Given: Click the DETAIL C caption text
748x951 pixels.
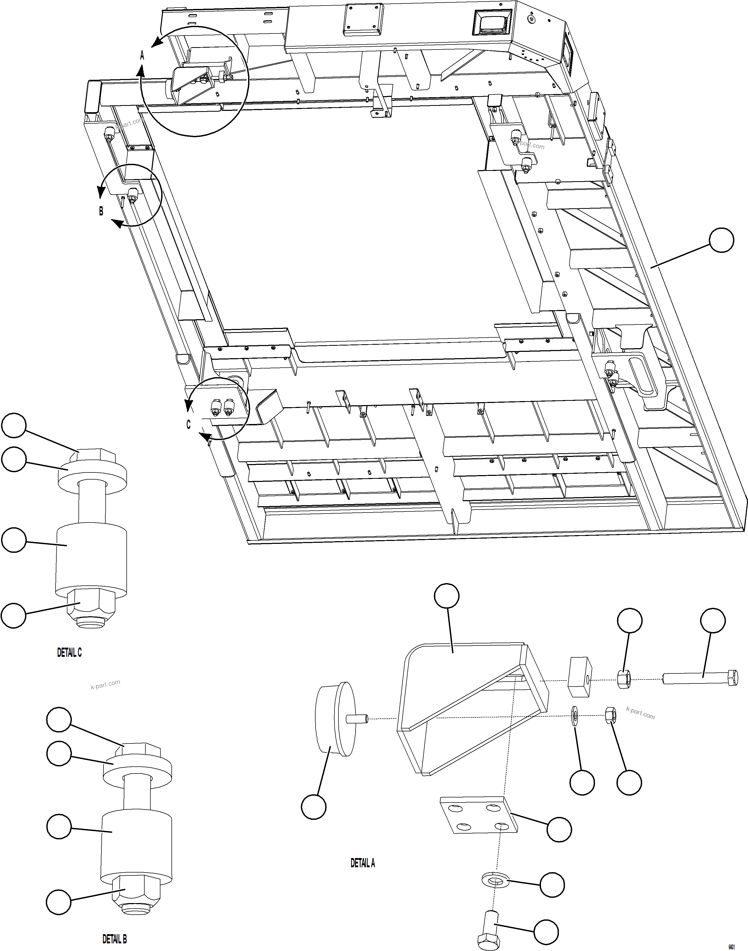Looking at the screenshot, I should (70, 652).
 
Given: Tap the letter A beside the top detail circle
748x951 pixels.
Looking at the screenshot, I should (142, 56).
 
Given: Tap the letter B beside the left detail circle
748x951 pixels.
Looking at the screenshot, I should (101, 211).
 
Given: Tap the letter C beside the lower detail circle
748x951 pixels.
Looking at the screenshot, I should (189, 424).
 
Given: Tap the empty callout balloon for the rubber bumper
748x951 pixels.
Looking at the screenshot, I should (314, 806).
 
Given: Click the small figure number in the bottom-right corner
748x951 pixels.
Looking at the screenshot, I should (731, 946).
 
